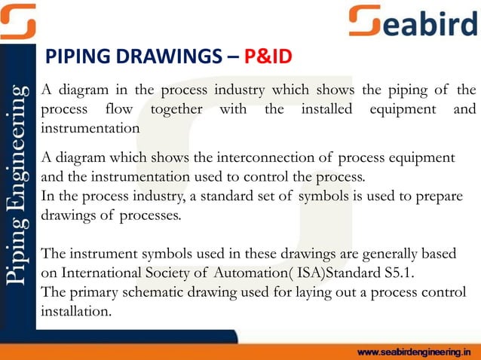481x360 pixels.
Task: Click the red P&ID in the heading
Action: (x=265, y=57)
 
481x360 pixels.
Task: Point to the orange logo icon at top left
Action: (x=18, y=20)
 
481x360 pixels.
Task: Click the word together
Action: (x=176, y=109)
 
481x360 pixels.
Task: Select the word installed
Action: (x=328, y=109)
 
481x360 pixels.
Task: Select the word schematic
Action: (x=180, y=292)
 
